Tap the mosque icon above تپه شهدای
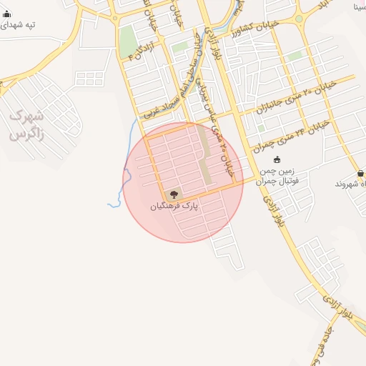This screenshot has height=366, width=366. (7, 14)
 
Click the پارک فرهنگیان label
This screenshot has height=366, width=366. (173, 206)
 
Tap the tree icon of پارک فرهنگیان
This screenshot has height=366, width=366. (174, 194)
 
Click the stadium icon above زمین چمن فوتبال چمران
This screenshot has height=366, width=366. (277, 159)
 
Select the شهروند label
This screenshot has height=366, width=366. (352, 184)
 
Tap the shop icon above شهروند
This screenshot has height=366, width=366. (360, 173)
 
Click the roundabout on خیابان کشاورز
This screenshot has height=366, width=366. (299, 18)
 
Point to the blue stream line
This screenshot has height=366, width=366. (127, 172)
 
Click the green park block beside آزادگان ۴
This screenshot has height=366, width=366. (128, 41)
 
